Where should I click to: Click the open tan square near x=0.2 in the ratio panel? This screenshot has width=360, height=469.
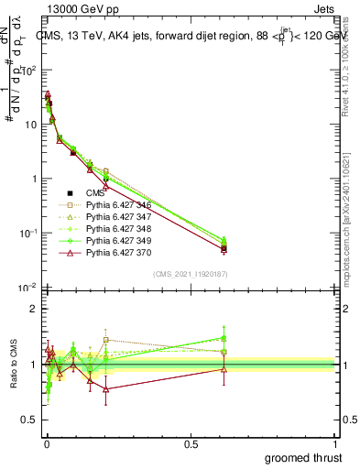[x=106, y=340]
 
